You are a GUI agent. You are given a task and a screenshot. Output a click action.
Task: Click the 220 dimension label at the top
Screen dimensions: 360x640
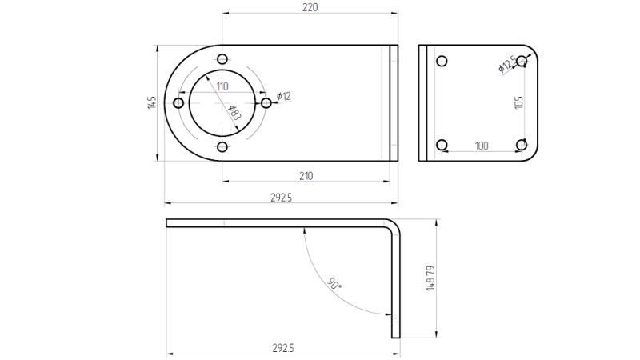[x=310, y=7]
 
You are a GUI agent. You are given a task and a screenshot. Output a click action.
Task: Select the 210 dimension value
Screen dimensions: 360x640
[x=306, y=175]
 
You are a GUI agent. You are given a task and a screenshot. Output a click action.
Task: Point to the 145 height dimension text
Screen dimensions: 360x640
[x=152, y=103]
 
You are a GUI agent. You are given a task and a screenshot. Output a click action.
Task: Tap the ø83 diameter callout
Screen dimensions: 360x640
[x=234, y=112]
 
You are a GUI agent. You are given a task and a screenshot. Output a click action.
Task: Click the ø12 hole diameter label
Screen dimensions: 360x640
[x=284, y=96]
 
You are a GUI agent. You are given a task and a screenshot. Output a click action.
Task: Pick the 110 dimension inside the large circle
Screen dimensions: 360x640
[x=222, y=86]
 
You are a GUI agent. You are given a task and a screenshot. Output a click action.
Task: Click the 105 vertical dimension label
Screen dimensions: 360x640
[x=518, y=102]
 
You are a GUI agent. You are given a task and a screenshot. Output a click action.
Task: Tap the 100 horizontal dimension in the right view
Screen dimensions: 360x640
[x=482, y=146]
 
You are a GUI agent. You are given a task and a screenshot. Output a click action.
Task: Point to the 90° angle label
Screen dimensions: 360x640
[x=335, y=283]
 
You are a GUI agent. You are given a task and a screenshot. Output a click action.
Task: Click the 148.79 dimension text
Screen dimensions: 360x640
[x=430, y=278]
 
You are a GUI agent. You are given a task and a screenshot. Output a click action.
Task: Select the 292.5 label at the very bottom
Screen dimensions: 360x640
[x=282, y=348]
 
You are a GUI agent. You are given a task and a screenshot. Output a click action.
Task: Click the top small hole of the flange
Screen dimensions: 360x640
[x=222, y=59]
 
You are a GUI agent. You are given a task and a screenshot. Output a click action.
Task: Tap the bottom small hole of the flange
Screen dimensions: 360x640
[x=222, y=147]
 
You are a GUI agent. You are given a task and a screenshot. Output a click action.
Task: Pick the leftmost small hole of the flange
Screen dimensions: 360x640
[x=178, y=103]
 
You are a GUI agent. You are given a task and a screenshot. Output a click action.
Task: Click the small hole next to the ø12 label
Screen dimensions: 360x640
[x=266, y=103]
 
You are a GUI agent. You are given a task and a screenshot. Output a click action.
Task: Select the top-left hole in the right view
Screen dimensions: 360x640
[x=441, y=61]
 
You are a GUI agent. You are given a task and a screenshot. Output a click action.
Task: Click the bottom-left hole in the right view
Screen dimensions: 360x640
[x=441, y=145]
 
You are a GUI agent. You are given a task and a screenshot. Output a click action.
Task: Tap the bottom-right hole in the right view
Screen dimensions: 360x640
[x=522, y=145]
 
